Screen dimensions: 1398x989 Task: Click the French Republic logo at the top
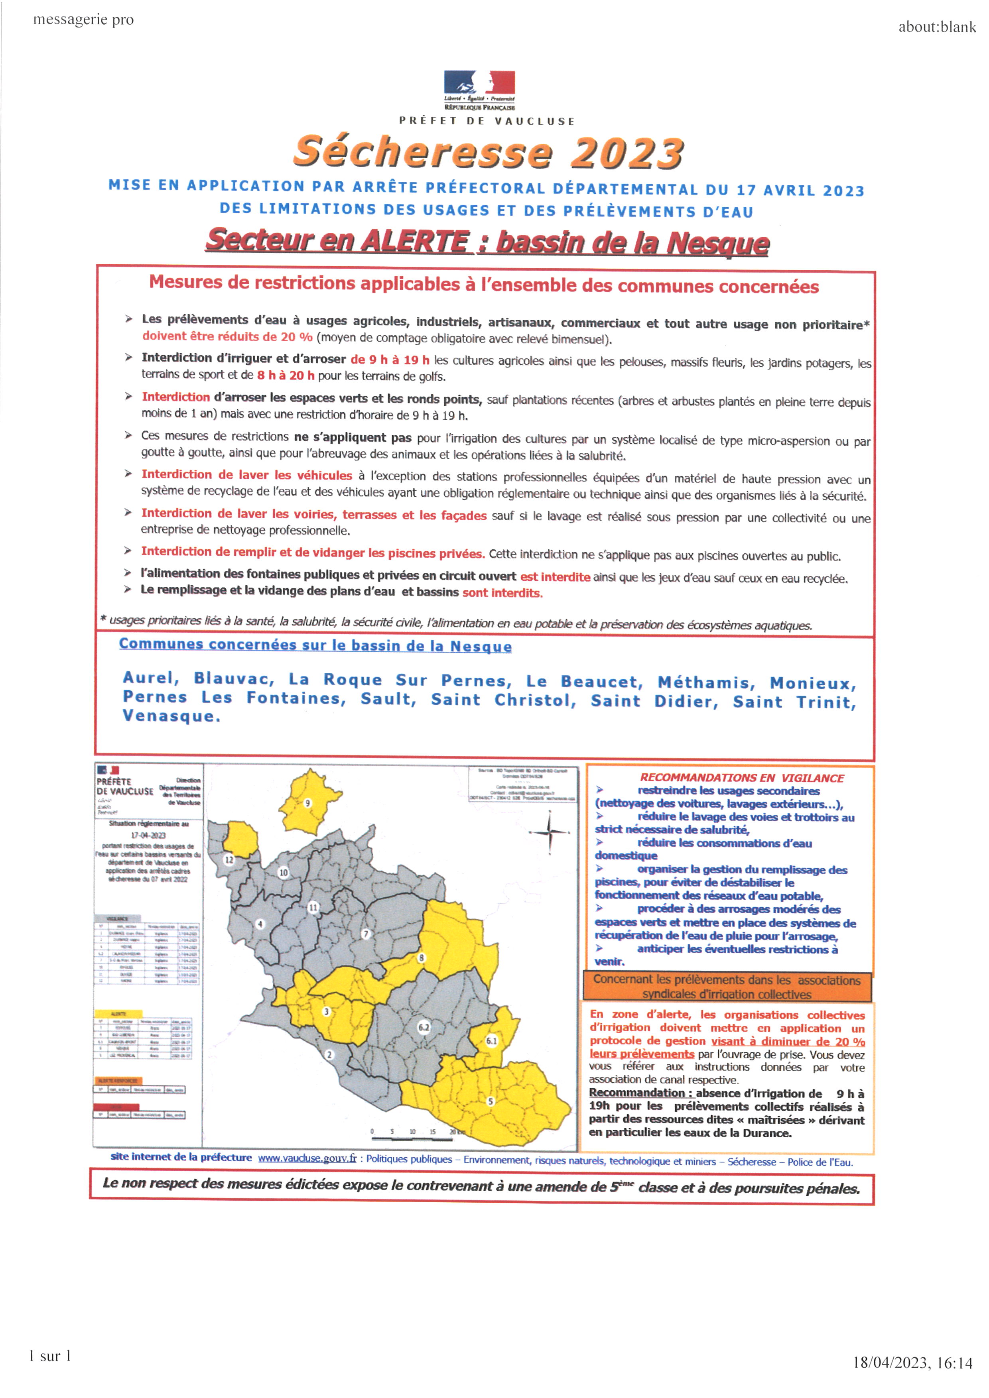[479, 88]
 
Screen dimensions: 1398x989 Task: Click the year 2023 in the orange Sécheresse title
[626, 152]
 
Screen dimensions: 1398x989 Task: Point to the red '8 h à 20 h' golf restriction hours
[286, 376]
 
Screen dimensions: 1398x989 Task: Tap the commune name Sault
[388, 699]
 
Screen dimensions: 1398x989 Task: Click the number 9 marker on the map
[307, 803]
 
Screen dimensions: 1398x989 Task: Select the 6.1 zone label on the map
[491, 1040]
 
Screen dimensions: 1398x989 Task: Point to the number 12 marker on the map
[229, 860]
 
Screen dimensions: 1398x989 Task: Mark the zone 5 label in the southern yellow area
[490, 1101]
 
